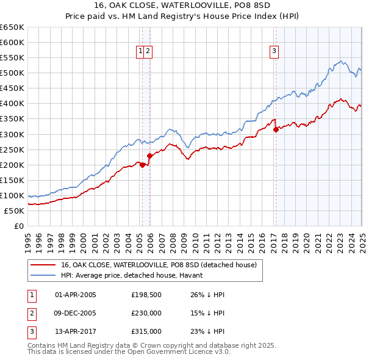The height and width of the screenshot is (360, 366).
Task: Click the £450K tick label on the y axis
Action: coord(13,88)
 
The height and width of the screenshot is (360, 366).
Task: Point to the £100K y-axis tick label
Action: coord(13,195)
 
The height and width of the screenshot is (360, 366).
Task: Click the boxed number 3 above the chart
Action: coord(274,52)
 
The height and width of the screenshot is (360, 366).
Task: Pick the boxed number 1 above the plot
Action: coord(141,52)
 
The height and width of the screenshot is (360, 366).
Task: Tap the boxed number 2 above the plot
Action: coord(148,52)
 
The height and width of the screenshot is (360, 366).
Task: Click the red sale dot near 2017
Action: coord(276,129)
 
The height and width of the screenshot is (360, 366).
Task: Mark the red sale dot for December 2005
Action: coord(149,156)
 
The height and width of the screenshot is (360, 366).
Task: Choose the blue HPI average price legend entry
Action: coord(135,276)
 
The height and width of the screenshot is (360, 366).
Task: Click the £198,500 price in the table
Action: coord(146,295)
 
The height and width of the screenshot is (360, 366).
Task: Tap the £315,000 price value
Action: coord(146,331)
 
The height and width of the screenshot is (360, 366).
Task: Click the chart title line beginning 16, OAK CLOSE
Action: coord(183,8)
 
